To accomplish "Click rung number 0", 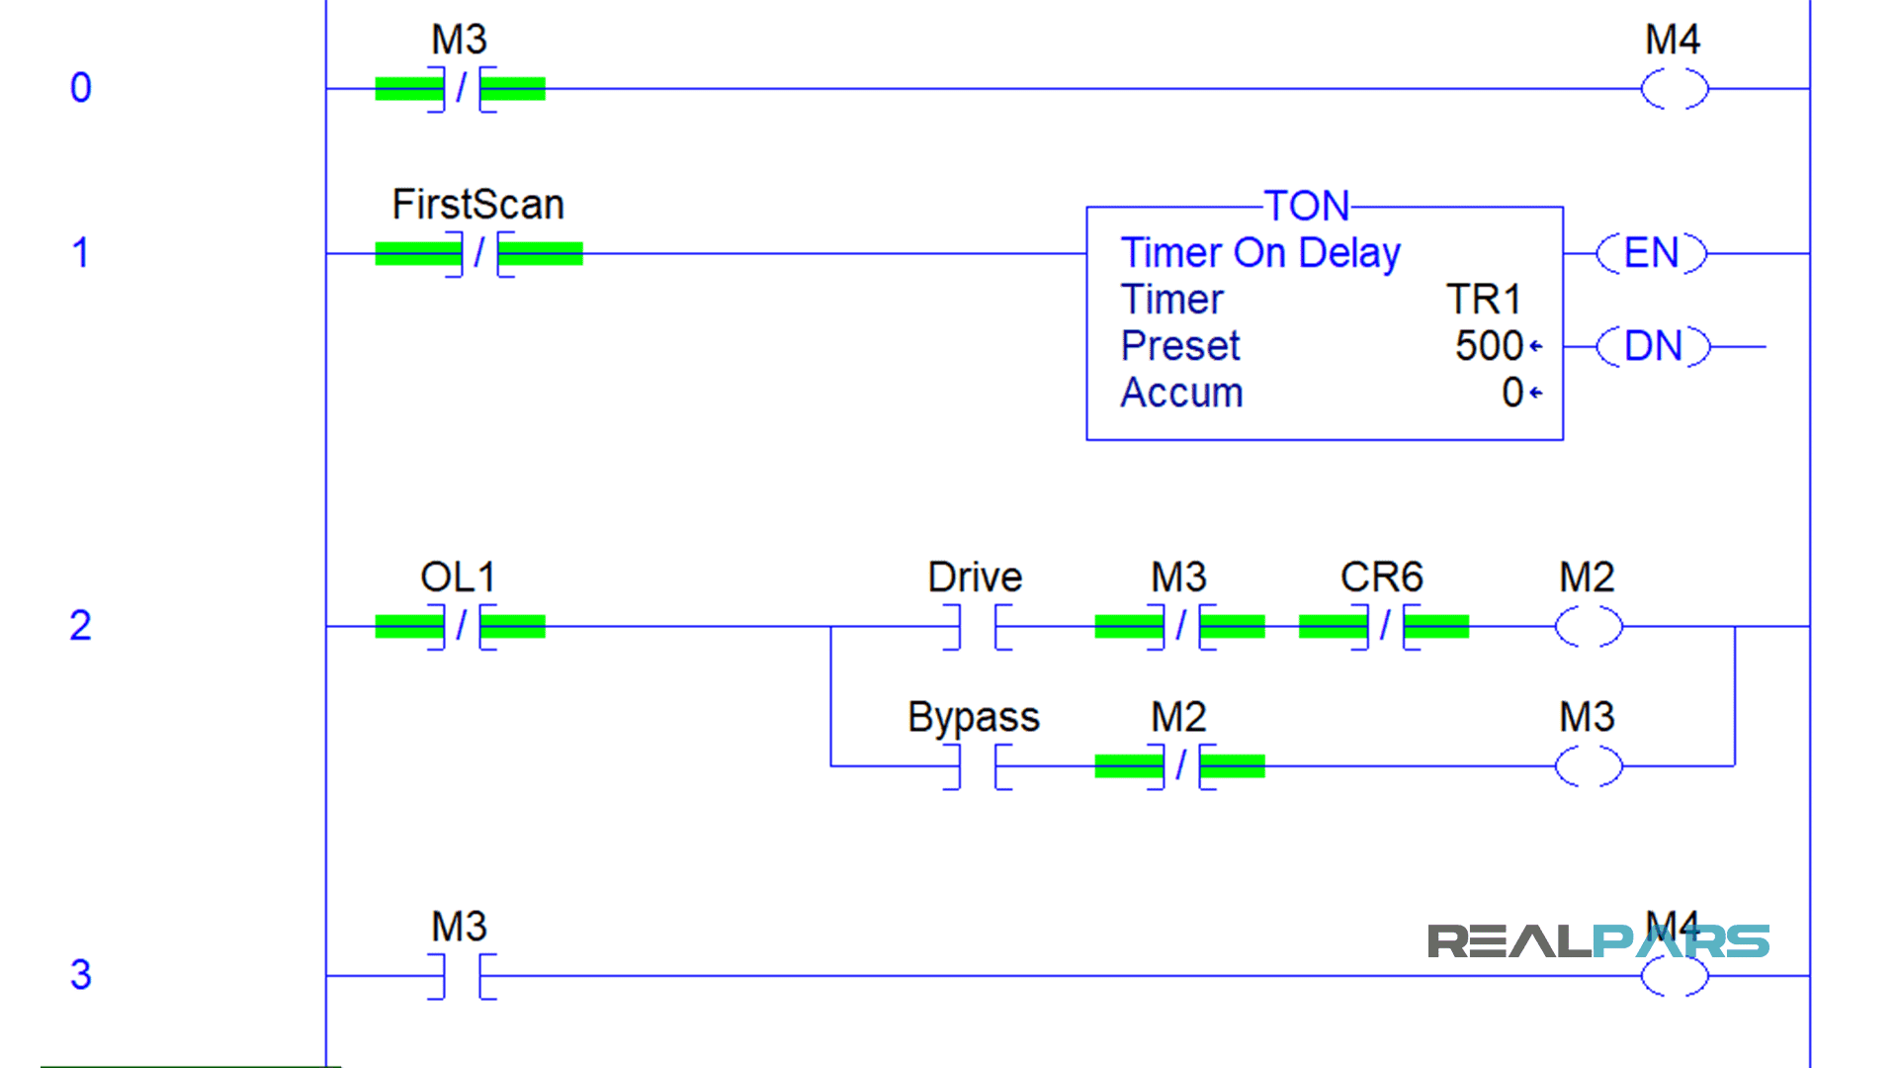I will [81, 88].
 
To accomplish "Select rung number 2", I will [81, 626].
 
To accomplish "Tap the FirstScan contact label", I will [477, 205].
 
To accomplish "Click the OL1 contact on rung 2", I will [461, 626].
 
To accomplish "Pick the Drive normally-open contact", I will [977, 627].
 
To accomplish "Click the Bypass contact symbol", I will [977, 766].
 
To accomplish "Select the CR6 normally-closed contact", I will [1384, 626].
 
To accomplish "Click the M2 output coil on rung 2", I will [1589, 626].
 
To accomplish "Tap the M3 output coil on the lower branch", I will [1589, 766].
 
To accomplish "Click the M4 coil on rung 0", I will [1675, 89].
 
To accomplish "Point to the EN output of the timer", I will [1652, 253].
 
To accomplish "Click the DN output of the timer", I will [1653, 347].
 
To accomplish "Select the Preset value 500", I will [1489, 346].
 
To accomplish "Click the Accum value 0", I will [1512, 393].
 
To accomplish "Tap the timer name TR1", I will [1483, 300].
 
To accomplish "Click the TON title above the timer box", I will [1307, 206].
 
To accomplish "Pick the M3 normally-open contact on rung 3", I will [462, 976].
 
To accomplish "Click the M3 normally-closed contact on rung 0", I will [461, 89].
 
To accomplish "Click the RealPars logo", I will [1597, 941].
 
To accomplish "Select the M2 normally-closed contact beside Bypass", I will [1180, 766].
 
